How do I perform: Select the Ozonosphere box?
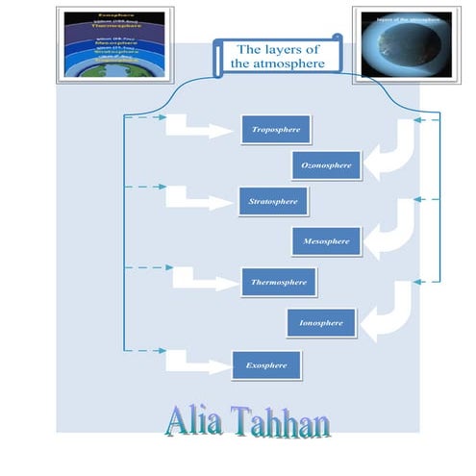(327, 165)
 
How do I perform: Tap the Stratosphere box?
(273, 201)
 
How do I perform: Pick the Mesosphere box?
(326, 241)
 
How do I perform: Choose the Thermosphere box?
(279, 282)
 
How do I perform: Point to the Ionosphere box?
(321, 323)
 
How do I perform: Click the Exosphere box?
(266, 365)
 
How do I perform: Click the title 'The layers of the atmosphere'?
(276, 55)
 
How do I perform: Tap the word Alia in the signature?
(198, 422)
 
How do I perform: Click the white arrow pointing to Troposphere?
(197, 128)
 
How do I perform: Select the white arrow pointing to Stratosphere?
(197, 200)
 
